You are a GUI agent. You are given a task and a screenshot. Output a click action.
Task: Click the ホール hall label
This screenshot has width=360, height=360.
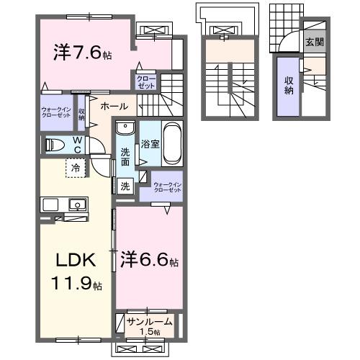pos(114,106)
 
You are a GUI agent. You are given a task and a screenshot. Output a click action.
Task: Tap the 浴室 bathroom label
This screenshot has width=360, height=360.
pos(150,143)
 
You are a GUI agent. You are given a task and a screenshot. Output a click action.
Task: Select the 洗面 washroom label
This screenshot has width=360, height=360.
pos(125,156)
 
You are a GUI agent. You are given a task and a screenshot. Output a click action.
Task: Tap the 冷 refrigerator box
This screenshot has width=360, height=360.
pos(76,169)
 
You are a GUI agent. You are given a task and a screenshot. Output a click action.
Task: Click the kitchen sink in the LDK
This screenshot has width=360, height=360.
pos(76,205)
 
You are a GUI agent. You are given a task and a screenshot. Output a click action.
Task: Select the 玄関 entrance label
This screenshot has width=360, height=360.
pos(314,42)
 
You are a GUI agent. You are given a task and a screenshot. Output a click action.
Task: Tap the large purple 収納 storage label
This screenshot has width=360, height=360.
pos(289,86)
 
